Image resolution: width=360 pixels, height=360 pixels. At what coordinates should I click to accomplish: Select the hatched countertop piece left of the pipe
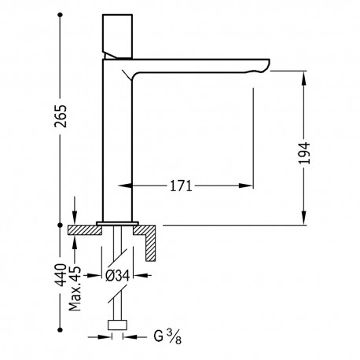pyautogui.click(x=83, y=230)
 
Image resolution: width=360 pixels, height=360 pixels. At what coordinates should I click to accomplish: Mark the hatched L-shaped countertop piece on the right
pyautogui.click(x=151, y=239)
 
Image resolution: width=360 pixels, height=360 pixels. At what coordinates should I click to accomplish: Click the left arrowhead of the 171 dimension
pyautogui.click(x=123, y=186)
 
